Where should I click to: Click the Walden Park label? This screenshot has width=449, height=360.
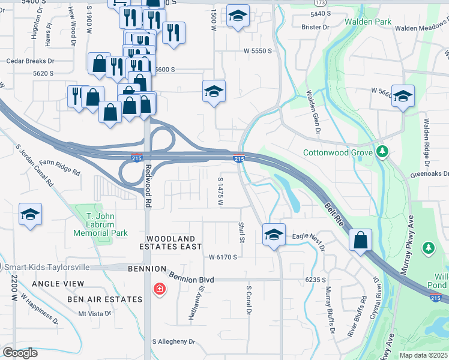click(x=368, y=22)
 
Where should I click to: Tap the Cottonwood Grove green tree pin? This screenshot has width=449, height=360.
click(x=382, y=151)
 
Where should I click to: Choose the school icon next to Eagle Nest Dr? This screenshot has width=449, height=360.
click(x=274, y=234)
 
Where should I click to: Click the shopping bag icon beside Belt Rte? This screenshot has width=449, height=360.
click(x=360, y=239)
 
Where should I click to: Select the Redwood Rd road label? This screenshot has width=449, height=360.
click(x=148, y=187)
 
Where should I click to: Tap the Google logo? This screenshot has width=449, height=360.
click(x=20, y=353)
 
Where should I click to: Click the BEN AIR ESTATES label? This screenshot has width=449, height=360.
click(x=104, y=299)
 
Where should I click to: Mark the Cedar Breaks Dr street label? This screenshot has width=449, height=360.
click(x=30, y=61)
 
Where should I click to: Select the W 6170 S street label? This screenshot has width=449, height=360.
click(x=223, y=257)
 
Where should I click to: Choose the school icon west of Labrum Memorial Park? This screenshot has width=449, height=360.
click(x=30, y=215)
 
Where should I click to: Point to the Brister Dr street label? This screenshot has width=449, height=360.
click(x=316, y=28)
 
